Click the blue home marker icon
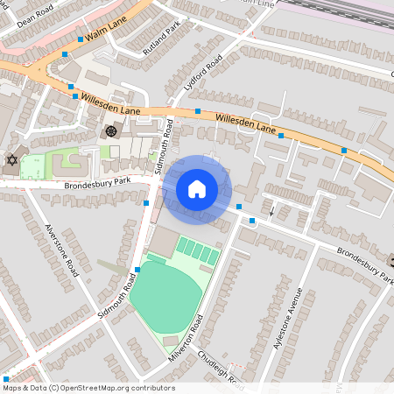tap(197, 189)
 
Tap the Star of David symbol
tap(11, 160)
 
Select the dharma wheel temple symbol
tap(110, 131)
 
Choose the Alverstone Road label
tap(62, 249)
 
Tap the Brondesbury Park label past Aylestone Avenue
tap(364, 264)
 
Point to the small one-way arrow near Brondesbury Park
tap(271, 210)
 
